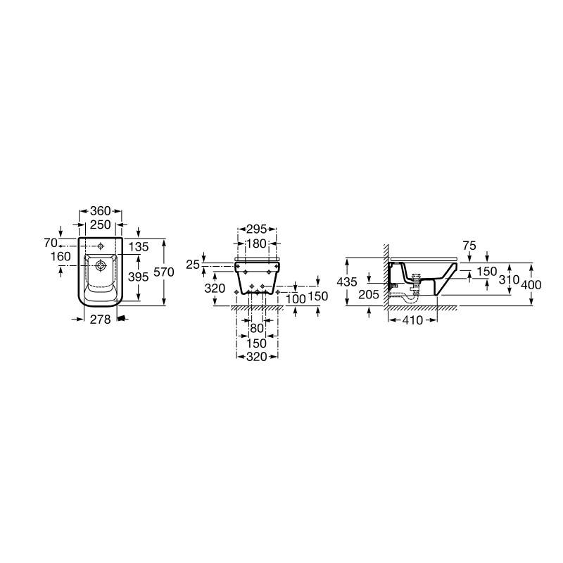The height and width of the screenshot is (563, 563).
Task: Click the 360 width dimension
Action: pos(100,210)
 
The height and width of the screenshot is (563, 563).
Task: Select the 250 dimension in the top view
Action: pos(100,224)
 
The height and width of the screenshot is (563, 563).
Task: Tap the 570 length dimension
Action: pos(164,272)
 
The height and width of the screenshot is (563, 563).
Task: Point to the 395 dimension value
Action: pos(138,277)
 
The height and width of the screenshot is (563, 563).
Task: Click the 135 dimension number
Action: pos(139,247)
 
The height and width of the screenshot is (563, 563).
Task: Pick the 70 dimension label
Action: pos(51,243)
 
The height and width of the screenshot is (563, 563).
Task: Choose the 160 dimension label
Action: pos(61,257)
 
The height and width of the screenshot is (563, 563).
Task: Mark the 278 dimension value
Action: pos(100,320)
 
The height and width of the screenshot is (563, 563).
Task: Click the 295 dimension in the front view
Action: pos(257,229)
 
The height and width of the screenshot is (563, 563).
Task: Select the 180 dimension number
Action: pos(257,243)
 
